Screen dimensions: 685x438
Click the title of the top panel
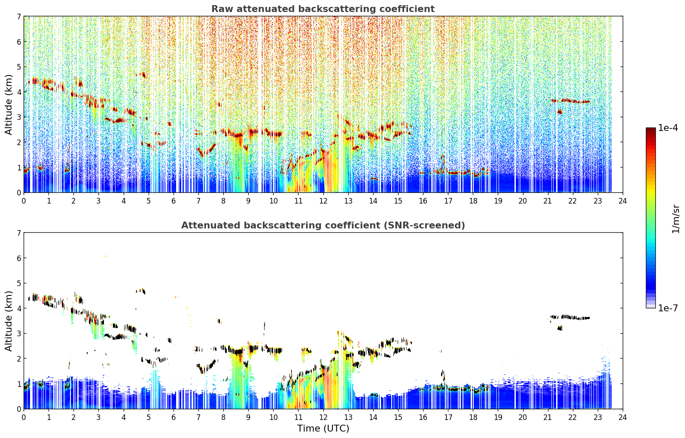323,9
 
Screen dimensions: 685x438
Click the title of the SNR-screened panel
323,225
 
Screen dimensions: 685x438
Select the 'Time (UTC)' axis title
323,428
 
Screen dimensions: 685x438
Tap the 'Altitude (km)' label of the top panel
9,105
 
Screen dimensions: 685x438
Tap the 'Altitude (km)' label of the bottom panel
9,321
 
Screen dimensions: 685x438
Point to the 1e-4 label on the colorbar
668,128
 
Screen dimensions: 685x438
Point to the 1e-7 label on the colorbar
668,308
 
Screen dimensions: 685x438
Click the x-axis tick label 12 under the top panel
323,201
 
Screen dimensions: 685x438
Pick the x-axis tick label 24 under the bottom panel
623,417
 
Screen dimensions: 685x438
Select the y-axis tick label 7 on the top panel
18,16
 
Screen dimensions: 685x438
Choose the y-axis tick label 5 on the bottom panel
18,283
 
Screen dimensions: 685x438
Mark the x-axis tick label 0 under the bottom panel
24,417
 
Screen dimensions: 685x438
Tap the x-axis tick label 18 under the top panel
473,201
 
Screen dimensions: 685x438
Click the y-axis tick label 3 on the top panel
18,117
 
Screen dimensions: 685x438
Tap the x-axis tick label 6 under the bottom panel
174,417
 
